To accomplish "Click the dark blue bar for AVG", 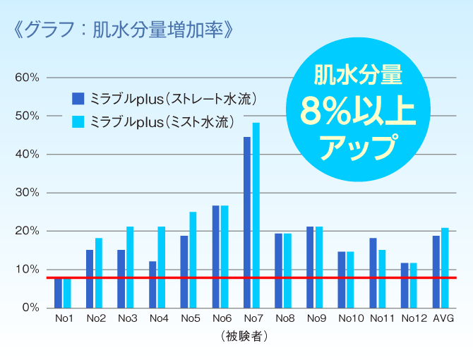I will pos(436,272).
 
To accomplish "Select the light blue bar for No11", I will pos(382,279).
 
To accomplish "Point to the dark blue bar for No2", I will pos(90,279).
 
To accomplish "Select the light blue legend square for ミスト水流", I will pos(78,121).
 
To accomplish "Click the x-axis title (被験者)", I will pos(243,336).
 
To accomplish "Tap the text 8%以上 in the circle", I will pos(357,111).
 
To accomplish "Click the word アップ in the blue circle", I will pos(357,147).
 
